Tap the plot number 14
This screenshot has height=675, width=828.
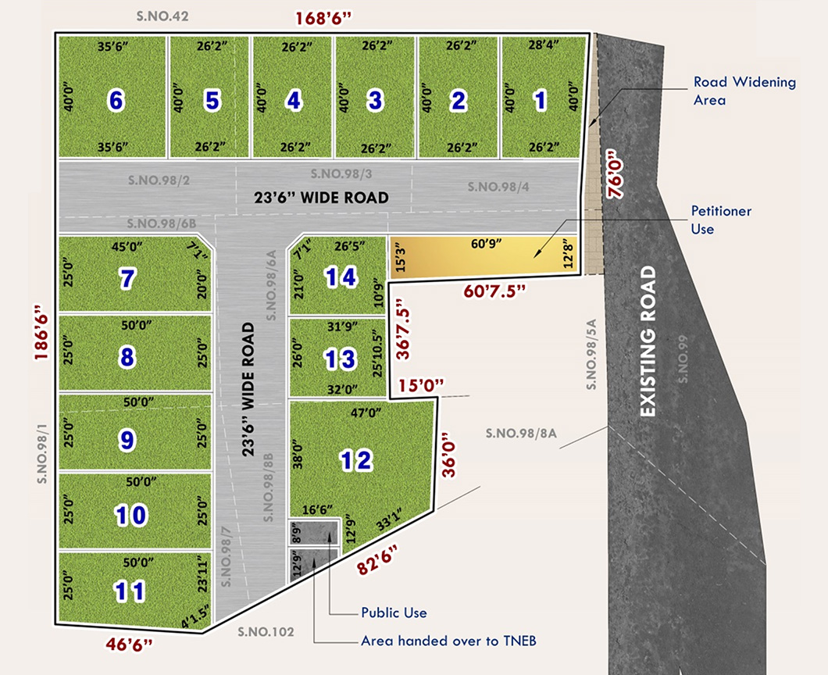[341, 277]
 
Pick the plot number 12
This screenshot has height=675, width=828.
[355, 460]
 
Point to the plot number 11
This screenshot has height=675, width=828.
[129, 591]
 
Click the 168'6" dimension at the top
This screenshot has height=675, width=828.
[323, 17]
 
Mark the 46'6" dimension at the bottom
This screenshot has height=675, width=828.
[129, 645]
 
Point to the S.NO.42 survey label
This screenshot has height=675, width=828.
[162, 16]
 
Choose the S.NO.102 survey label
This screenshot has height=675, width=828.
[266, 632]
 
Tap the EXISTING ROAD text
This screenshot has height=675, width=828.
[648, 341]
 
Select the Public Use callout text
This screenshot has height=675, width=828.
[394, 612]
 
